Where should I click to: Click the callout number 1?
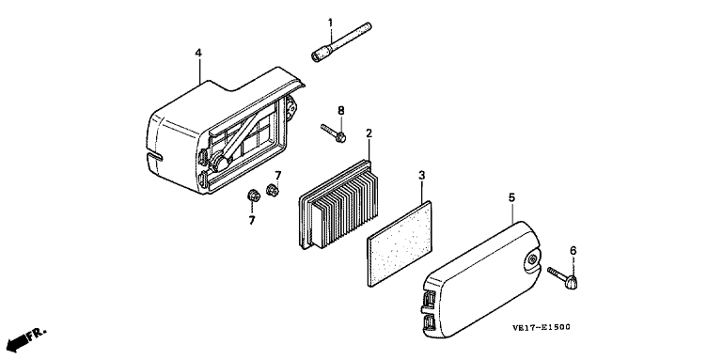330,23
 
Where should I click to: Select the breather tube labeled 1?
341,42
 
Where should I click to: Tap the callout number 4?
198,53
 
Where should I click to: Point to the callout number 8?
340,111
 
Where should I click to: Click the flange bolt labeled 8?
334,133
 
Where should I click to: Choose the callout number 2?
369,133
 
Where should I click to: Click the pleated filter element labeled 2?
338,204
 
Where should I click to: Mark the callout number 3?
422,175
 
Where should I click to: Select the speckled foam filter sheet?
400,243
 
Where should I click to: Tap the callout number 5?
512,197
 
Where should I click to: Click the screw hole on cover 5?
532,259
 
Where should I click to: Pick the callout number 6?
573,250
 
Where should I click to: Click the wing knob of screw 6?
572,282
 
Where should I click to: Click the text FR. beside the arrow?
37,334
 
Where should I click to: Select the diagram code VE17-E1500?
541,327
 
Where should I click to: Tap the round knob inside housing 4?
220,163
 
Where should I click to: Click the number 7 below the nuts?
252,221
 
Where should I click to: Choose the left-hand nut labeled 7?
253,196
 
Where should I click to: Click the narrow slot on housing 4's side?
154,158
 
